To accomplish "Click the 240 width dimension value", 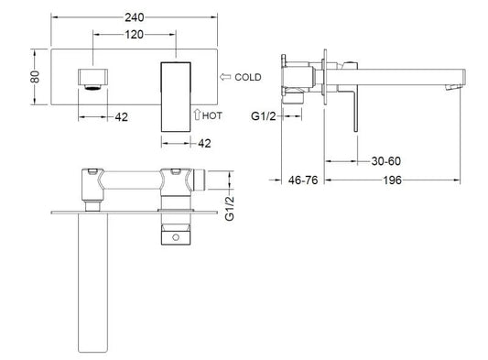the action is coord(135,17).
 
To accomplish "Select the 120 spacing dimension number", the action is coord(135,35).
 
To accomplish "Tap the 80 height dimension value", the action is coord(35,77).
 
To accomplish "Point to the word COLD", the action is coord(248,77).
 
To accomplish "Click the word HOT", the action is coord(212,115).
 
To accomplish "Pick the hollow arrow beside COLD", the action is coord(225,77).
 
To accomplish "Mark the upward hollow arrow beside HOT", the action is coord(197,115).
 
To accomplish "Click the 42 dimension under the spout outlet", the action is coord(122,117).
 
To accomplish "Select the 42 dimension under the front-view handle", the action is coord(204,143).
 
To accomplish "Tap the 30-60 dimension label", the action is coord(386,161).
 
